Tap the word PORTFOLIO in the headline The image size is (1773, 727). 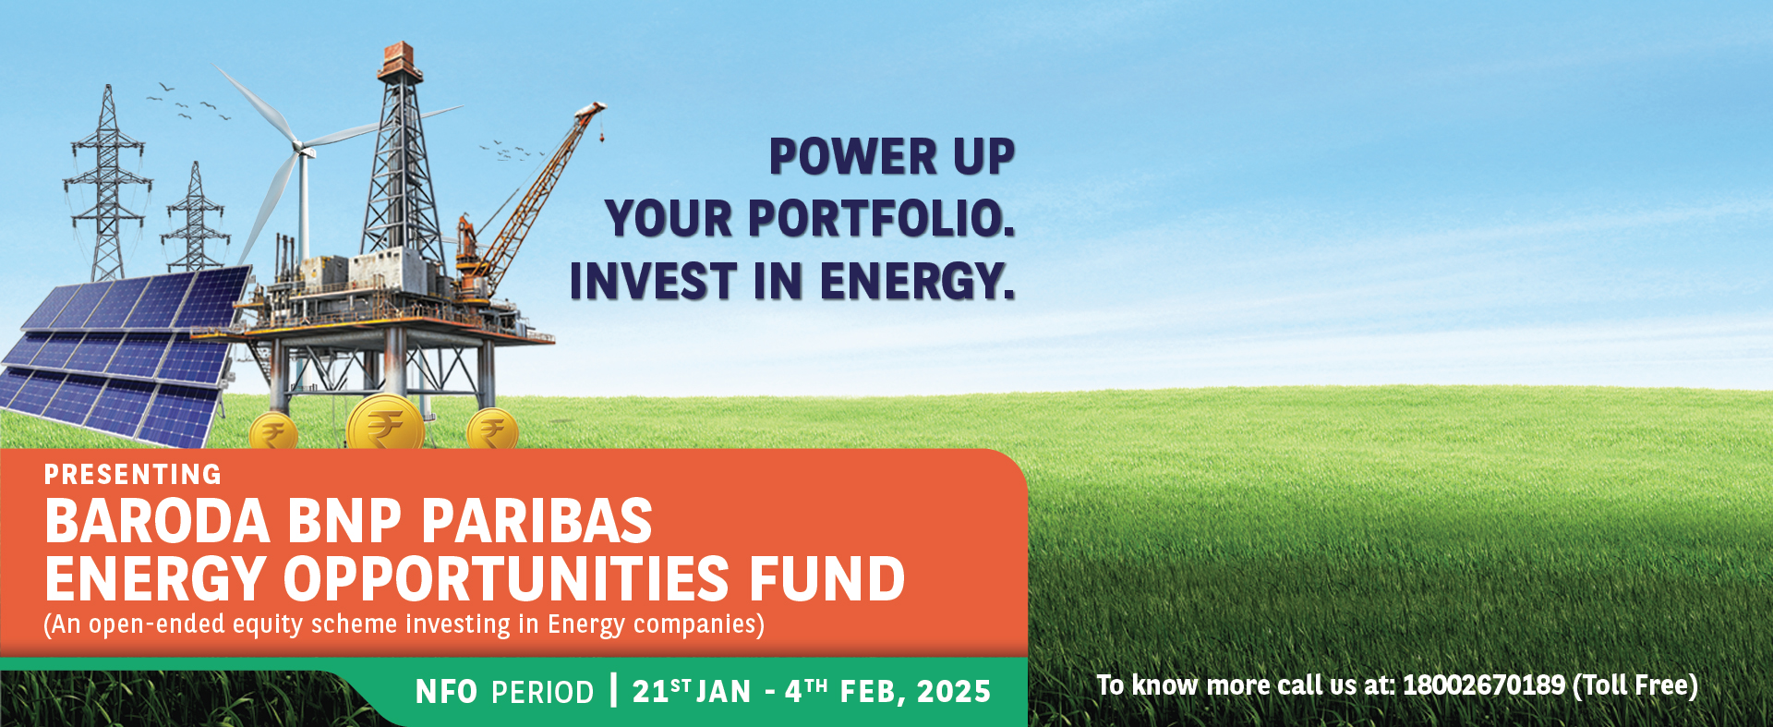point(881,219)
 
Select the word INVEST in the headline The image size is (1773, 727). point(654,281)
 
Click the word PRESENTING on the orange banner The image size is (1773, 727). point(133,475)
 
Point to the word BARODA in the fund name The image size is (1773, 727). point(157,521)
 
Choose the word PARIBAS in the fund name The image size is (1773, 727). point(537,521)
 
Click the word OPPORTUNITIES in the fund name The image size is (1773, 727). point(506,579)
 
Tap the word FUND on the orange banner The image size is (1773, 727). point(826,579)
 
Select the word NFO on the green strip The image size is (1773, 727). point(447,692)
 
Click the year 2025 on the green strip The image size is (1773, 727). point(954,692)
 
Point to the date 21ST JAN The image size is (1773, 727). point(692,691)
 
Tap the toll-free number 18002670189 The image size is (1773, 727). point(1484,685)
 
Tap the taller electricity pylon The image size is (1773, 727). point(107,180)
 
